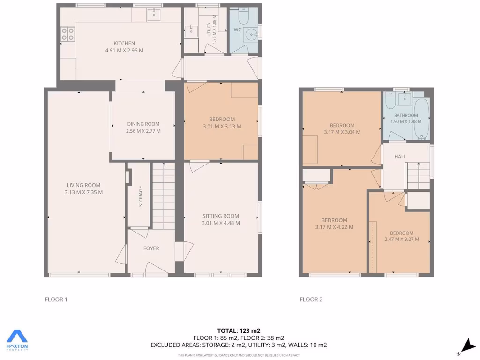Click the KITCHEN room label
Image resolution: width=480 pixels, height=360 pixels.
[124, 44]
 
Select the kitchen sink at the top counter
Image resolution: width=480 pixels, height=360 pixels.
[153, 15]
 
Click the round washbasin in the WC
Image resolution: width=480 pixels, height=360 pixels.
[252, 34]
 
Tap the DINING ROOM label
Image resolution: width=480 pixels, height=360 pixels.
[143, 124]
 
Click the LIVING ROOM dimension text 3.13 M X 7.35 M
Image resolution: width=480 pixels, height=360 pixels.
[83, 192]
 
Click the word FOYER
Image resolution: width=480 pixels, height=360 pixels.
[151, 248]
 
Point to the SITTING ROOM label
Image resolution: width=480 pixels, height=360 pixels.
[220, 216]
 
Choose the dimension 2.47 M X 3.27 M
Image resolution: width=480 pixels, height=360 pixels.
[402, 240]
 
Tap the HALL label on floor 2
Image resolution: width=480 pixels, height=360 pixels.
[400, 157]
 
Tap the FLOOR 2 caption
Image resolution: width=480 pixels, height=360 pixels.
[311, 300]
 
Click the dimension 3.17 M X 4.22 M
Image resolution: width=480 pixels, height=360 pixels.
[334, 227]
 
